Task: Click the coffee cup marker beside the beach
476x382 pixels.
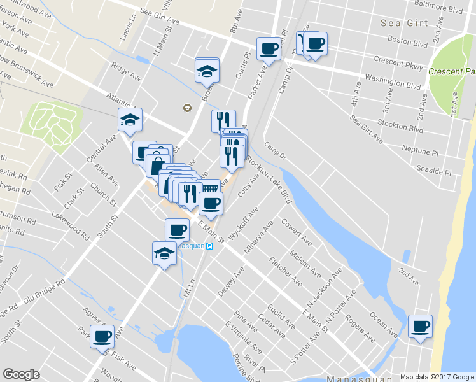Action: coord(419,327)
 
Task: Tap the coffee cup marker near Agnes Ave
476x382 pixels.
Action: coord(102,336)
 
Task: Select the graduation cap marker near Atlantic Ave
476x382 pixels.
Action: coord(130,120)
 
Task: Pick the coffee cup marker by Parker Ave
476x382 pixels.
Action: coord(269,49)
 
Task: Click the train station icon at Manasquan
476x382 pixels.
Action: coord(211,248)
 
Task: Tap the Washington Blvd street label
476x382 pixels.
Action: coord(393,83)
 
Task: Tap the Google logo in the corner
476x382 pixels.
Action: coord(21,374)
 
